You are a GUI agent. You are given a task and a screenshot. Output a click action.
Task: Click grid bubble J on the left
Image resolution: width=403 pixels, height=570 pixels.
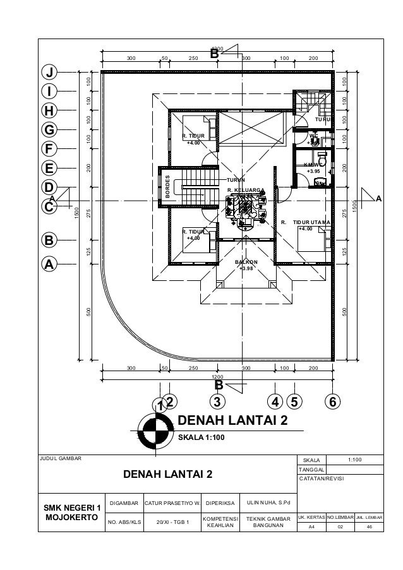point(47,71)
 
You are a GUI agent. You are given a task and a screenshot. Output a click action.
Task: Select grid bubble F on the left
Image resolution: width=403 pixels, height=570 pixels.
point(47,149)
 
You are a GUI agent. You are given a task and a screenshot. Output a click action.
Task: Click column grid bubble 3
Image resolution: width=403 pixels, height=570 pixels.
point(217,401)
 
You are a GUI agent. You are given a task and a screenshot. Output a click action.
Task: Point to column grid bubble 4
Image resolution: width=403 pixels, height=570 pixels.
point(274,401)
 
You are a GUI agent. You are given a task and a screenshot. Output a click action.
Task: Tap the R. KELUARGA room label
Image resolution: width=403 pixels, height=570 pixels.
point(246,189)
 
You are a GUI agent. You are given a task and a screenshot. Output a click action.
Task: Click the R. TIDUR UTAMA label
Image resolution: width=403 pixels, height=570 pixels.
point(306,223)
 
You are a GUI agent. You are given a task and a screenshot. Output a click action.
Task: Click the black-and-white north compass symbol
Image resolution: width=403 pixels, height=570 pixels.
point(152,432)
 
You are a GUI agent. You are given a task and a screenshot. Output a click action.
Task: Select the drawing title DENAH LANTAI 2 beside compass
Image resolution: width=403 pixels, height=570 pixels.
point(233,420)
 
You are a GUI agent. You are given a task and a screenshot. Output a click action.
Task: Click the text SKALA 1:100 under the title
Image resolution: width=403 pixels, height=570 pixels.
point(203,437)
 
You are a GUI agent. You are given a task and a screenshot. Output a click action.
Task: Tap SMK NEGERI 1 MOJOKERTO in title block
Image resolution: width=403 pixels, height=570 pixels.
point(71,512)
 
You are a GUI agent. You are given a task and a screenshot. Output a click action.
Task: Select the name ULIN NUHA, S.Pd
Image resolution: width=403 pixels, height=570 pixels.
point(268,503)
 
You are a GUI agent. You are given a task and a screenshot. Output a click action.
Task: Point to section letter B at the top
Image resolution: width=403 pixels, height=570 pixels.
point(214,56)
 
